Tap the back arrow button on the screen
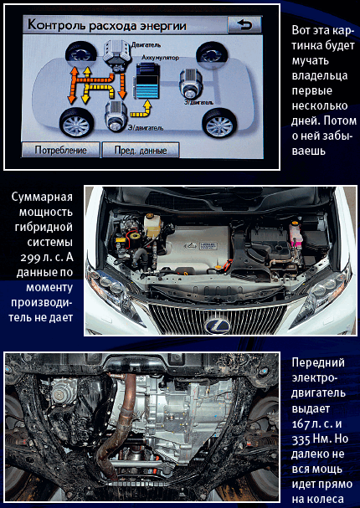244,24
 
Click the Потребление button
60,150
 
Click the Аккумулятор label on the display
160,58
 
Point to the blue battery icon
147,80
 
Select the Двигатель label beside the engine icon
146,45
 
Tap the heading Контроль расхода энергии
107,25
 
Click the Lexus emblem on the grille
217,326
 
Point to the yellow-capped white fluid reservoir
152,224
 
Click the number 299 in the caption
30,258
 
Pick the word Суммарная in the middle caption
42,197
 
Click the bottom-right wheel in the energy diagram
219,123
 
